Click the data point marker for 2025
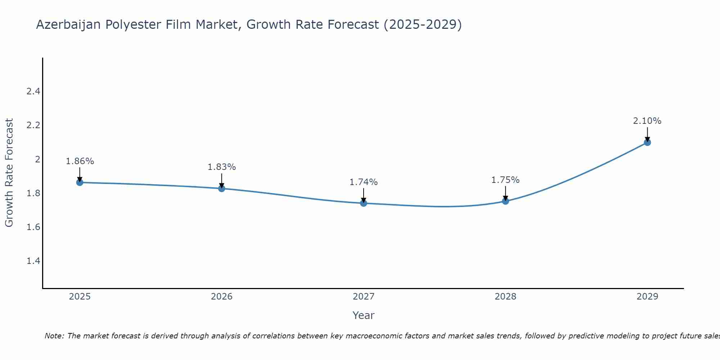[80, 183]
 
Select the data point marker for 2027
[364, 203]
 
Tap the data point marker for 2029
[647, 142]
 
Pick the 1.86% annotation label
[80, 161]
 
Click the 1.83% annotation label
[221, 167]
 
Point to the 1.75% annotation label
[505, 180]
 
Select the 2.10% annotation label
[647, 121]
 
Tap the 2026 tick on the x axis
[221, 297]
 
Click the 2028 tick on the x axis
[505, 297]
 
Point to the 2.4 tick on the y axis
[33, 91]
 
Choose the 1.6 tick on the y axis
[33, 227]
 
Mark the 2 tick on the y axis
[37, 159]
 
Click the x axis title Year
[364, 315]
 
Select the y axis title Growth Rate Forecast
[9, 173]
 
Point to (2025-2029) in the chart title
[423, 25]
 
